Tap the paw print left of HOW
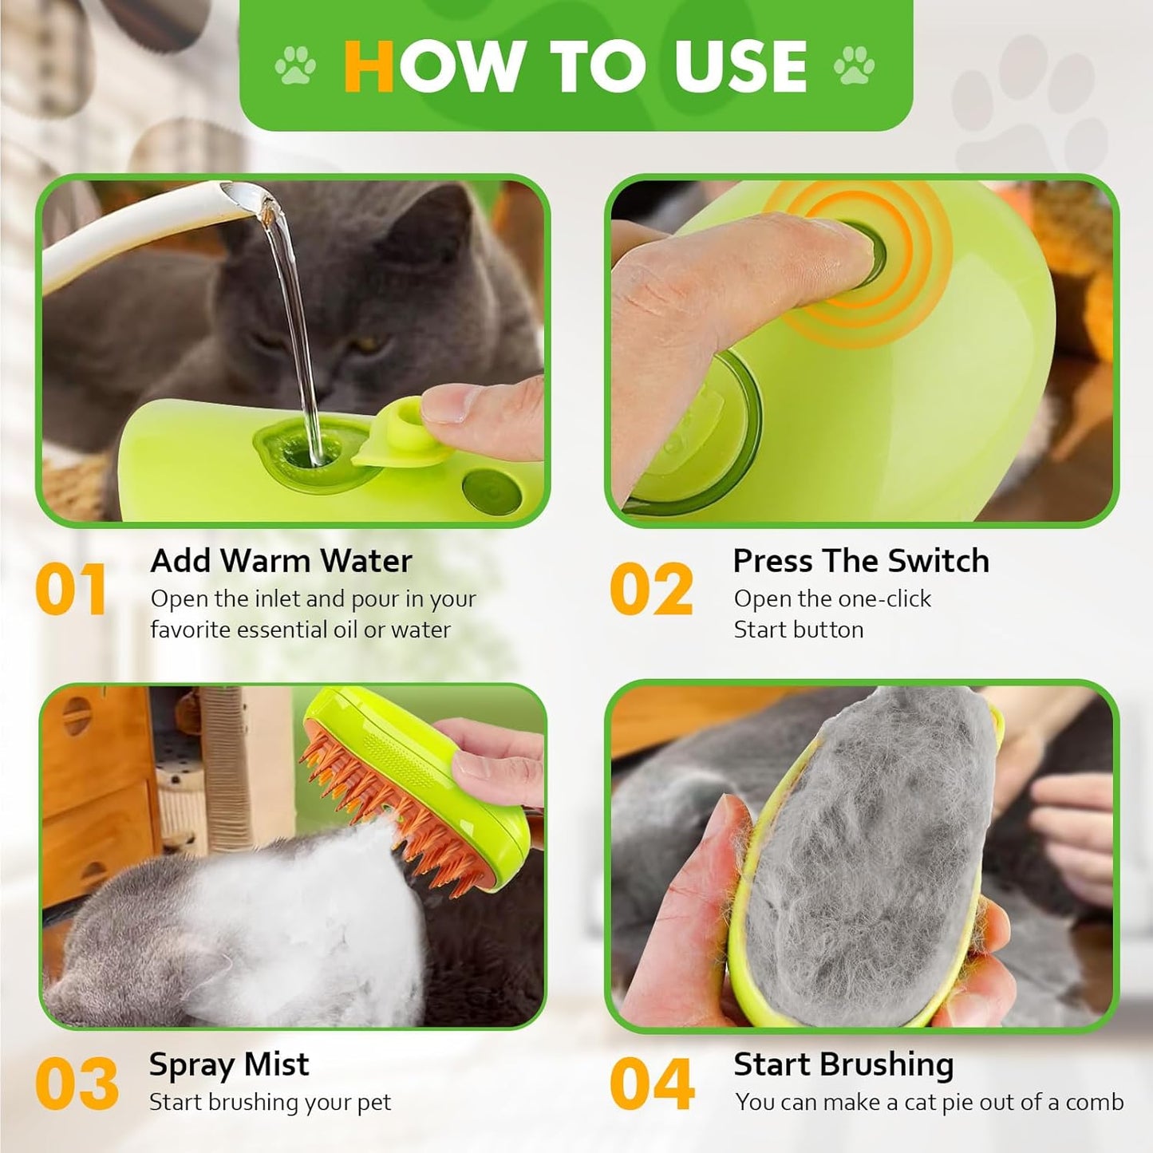point(295,65)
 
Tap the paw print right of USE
point(854,65)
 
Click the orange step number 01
point(70,590)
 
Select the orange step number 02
point(652,590)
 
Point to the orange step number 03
point(77,1084)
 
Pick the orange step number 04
point(653,1084)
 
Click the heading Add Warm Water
point(281,561)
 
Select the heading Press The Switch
point(861,561)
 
